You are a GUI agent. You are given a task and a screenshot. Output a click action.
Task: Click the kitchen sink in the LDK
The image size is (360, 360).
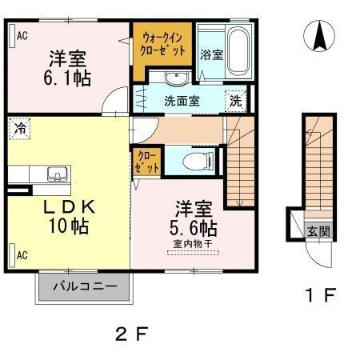tap(56, 174)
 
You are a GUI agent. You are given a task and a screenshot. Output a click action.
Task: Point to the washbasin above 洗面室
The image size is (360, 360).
tap(178, 78)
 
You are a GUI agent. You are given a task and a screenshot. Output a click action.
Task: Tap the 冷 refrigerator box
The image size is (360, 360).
tap(18, 126)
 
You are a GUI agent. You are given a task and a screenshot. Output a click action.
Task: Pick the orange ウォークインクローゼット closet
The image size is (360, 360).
tap(163, 43)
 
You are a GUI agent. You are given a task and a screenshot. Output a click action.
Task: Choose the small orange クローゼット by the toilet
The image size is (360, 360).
tap(147, 160)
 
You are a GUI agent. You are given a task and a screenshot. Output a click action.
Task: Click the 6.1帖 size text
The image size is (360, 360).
tap(68, 77)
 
